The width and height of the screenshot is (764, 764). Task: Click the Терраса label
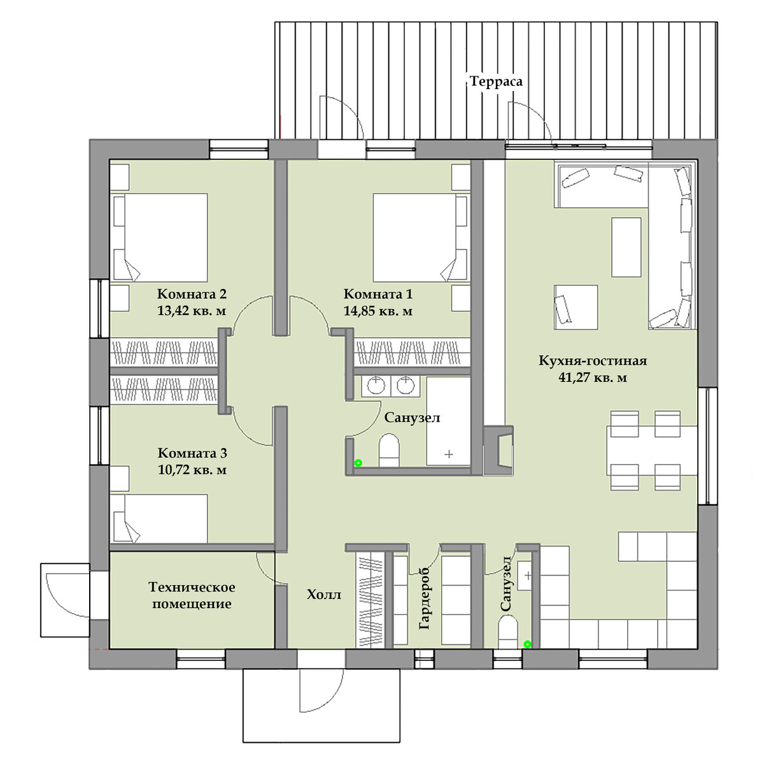point(495,81)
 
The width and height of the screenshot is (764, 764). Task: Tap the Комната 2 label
point(192,294)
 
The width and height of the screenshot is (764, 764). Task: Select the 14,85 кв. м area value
point(378,311)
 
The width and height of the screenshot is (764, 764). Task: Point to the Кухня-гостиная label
point(593,360)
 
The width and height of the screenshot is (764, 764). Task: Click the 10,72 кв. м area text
point(192,470)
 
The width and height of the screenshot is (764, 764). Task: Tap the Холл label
point(324,594)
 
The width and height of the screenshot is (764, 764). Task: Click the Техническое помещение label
point(192,595)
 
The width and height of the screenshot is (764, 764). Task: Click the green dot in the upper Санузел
point(358,463)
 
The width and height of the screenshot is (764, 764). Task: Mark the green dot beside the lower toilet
point(527,644)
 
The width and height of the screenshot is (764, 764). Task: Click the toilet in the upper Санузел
point(389,450)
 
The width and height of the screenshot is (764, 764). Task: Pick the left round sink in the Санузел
point(376,385)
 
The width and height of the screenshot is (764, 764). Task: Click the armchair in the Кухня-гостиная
point(576,307)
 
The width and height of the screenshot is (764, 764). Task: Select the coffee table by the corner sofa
point(626,247)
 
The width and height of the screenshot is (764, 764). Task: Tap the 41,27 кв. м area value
point(593,378)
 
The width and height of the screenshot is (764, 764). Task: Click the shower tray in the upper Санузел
point(448,421)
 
